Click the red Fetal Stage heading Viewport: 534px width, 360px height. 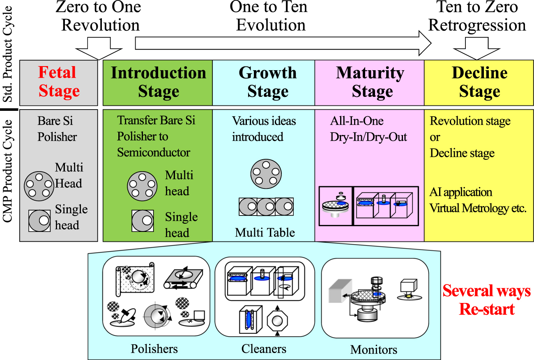tap(59, 82)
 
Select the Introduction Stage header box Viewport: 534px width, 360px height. tap(158, 82)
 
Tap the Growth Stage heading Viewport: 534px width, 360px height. tap(267, 82)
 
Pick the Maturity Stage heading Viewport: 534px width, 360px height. tap(370, 82)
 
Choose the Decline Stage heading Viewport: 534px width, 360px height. tap(479, 82)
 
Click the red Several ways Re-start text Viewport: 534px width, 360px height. tap(486, 300)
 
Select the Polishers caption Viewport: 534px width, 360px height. tap(154, 349)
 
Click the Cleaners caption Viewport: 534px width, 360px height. tap(264, 349)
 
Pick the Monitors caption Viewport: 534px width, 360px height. tap(373, 350)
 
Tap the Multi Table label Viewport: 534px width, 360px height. tap(265, 232)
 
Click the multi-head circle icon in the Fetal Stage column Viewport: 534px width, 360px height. tap(39, 184)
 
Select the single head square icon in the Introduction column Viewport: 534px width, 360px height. tap(143, 221)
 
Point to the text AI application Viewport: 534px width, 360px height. tap(461, 192)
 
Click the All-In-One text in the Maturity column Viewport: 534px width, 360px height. tap(357, 121)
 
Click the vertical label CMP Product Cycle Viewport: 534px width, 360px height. tap(9, 168)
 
